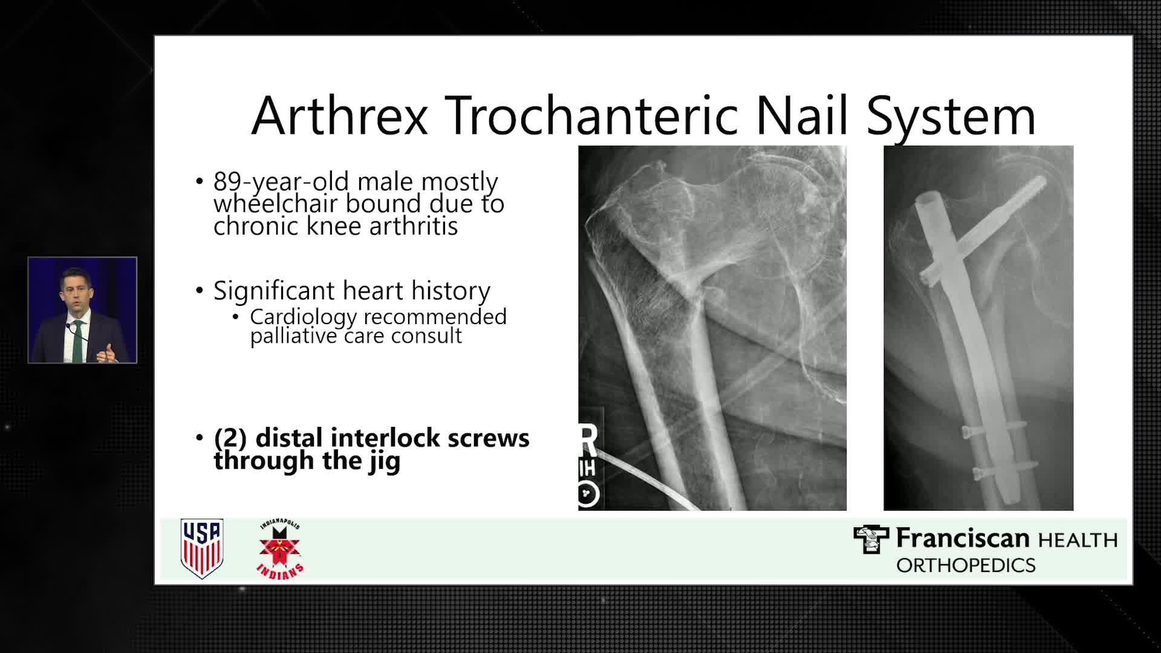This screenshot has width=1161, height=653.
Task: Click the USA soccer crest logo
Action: tap(202, 548)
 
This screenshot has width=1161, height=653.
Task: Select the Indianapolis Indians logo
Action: tap(280, 549)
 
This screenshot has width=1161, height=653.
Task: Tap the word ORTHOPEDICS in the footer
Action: tap(966, 565)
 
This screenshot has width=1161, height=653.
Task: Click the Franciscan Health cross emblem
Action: tap(871, 539)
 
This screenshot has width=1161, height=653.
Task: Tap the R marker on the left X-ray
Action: tap(588, 440)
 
